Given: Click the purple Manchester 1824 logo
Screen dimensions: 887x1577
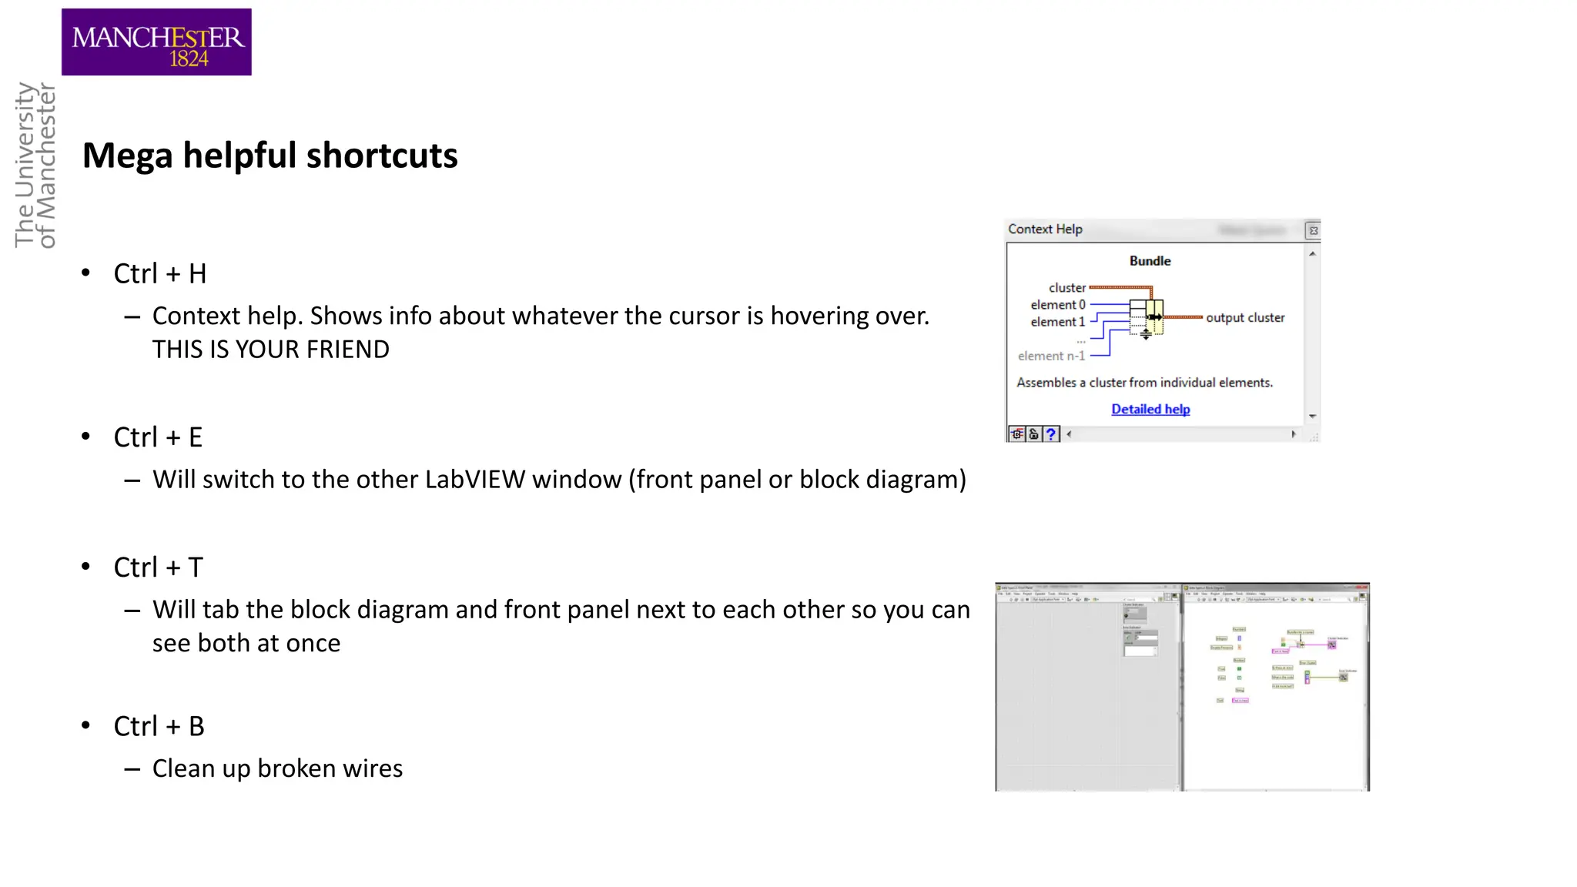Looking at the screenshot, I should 156,42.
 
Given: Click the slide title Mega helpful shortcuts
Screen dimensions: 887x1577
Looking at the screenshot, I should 270,156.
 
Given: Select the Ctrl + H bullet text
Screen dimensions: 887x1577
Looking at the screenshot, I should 160,274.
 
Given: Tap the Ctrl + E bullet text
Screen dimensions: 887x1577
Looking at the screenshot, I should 158,437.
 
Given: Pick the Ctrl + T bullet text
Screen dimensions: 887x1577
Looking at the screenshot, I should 158,567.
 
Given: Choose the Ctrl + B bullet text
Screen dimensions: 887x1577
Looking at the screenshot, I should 159,726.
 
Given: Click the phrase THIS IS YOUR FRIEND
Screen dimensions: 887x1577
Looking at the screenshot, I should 270,350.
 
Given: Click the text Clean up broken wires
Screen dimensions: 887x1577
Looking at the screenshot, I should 277,768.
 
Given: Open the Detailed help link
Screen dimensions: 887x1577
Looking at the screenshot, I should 1150,410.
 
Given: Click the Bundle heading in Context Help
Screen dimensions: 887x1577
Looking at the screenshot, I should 1150,261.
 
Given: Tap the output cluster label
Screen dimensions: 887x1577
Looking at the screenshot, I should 1245,318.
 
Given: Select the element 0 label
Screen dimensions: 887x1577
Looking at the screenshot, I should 1057,305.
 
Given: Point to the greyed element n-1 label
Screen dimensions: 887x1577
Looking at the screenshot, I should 1051,356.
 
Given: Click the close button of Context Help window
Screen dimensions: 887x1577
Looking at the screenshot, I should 1314,230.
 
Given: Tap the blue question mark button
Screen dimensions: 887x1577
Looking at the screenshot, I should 1051,434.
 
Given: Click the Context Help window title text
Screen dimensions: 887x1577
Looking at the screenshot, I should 1045,229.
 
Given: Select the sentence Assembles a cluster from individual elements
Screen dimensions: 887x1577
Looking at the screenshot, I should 1144,383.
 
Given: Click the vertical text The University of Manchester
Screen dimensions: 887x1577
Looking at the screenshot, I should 35,166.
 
